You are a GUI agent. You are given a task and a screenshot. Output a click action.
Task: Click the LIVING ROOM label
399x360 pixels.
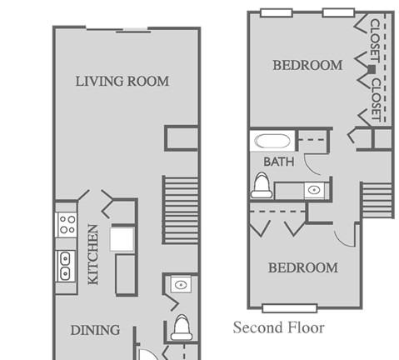(x=122, y=81)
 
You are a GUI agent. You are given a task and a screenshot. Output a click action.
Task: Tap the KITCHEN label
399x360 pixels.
(x=93, y=254)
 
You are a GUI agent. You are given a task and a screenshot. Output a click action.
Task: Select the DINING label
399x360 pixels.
(x=95, y=330)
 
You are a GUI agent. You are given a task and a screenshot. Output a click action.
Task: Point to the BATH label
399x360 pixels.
(x=279, y=162)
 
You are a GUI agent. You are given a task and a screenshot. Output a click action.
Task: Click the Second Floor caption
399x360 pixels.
(x=279, y=327)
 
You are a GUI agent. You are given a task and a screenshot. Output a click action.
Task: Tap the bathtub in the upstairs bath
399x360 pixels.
(x=272, y=141)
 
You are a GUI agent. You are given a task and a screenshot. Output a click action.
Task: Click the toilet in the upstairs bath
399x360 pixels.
(x=262, y=185)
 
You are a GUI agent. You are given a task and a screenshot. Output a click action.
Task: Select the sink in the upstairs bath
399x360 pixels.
(x=314, y=190)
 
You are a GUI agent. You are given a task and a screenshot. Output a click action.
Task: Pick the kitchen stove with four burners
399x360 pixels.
(x=67, y=224)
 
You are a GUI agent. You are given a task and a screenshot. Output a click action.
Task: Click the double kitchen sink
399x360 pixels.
(x=65, y=266)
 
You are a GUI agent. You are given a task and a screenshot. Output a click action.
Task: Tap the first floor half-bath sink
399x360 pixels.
(x=181, y=284)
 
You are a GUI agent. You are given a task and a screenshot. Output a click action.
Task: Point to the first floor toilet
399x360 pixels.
(x=182, y=327)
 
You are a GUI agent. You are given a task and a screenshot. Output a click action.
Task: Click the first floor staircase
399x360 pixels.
(x=180, y=210)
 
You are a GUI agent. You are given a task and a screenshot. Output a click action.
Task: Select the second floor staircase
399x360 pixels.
(x=377, y=200)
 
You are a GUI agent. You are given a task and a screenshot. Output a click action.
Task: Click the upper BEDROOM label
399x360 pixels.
(x=307, y=65)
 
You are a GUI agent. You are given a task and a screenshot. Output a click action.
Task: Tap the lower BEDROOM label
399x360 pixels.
(x=303, y=267)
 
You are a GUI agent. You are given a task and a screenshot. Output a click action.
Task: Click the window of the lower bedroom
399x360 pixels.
(x=290, y=308)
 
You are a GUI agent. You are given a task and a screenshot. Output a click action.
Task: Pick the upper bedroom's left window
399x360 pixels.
(x=277, y=12)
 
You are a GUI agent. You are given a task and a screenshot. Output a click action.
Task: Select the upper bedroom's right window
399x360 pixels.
(x=338, y=12)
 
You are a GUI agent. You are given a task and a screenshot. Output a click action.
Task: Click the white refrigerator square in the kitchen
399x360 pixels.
(x=122, y=239)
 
